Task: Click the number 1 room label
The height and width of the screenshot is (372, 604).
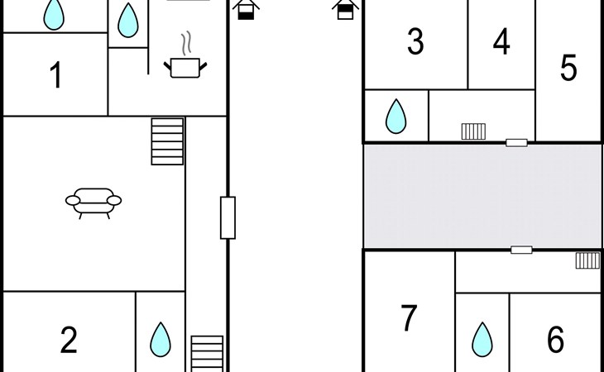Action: pos(56,74)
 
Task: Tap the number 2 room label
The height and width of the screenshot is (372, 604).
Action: pos(69,339)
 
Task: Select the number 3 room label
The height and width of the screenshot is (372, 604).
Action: pos(415,41)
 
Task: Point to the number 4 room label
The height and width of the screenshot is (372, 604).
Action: pos(501,41)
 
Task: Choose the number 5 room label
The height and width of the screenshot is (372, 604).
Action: pos(568,68)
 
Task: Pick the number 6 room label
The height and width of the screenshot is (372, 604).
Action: pos(555,339)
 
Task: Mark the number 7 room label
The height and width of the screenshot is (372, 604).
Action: pos(409,317)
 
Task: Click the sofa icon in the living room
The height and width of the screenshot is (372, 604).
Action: pos(93,203)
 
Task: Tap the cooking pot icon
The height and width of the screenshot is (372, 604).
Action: pos(185,68)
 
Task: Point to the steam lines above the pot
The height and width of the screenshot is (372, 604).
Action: pos(186,43)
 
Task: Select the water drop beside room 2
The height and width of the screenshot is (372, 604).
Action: pos(161,339)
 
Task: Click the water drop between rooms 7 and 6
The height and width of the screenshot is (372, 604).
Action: pos(482,339)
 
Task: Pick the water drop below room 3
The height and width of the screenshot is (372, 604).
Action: pos(396,117)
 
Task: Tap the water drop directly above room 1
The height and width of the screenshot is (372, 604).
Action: pos(54,14)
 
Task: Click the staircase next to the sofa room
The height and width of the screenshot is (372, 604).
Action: pos(167,141)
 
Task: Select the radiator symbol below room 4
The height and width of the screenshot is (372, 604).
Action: pos(473,131)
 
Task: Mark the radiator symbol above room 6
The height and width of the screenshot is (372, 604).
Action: pos(587,260)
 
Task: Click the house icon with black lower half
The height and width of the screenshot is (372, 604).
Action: pos(246,9)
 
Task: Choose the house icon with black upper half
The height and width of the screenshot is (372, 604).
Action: pos(345,9)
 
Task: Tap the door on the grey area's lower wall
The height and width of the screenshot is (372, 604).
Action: pos(521,250)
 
